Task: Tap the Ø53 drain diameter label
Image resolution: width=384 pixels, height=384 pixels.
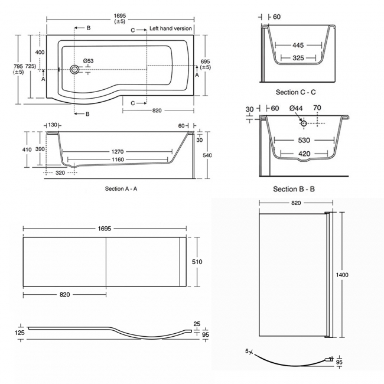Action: [x=89, y=61]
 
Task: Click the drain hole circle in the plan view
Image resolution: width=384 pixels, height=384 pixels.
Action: [x=74, y=70]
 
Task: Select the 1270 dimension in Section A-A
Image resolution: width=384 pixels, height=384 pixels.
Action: [x=121, y=151]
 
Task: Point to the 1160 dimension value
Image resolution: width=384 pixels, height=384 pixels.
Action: [x=121, y=161]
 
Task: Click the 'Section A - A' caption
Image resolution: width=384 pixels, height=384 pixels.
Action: [x=121, y=188]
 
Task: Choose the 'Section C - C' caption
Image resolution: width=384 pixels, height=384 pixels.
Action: [x=296, y=93]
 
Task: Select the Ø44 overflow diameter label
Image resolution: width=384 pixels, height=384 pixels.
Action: [x=297, y=109]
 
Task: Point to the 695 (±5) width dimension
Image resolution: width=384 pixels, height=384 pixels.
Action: [x=205, y=64]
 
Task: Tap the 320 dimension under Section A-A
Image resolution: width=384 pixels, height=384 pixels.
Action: [x=61, y=174]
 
